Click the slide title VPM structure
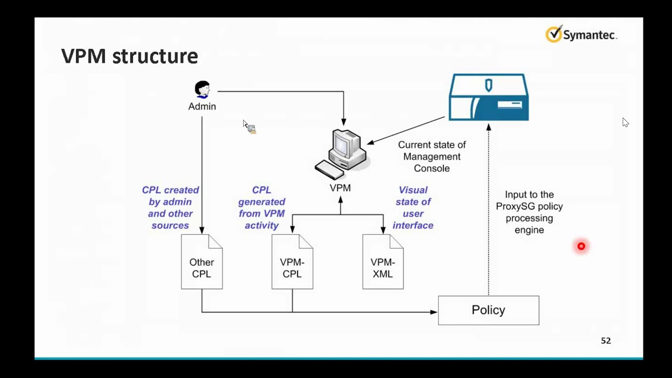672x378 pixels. point(129,56)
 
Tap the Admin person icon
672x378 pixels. point(202,89)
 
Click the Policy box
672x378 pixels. point(488,310)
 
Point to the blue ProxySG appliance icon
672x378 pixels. point(489,98)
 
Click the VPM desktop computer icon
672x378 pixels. point(342,154)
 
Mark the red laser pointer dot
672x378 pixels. point(581,246)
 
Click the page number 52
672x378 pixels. point(606,341)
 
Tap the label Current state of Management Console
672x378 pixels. point(432,156)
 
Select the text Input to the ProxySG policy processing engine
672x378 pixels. point(529,212)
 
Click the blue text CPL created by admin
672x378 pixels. point(171,207)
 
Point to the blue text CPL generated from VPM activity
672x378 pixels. point(261,207)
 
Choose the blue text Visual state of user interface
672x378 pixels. point(413,207)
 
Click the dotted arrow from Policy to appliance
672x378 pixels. point(489,210)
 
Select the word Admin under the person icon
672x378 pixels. point(202,107)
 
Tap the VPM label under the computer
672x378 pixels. point(340,188)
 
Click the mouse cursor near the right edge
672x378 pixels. point(625,122)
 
